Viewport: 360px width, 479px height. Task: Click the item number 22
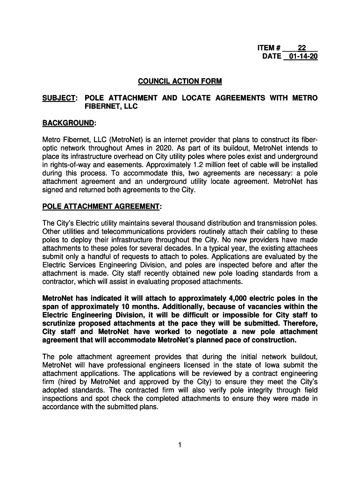pyautogui.click(x=302, y=48)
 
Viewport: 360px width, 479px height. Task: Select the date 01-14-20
pyautogui.click(x=300, y=57)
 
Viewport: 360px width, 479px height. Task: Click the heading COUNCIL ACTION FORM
pyautogui.click(x=180, y=81)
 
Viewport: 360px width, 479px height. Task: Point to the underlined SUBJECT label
pyautogui.click(x=58, y=98)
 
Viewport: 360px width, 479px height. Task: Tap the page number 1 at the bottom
pyautogui.click(x=180, y=445)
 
